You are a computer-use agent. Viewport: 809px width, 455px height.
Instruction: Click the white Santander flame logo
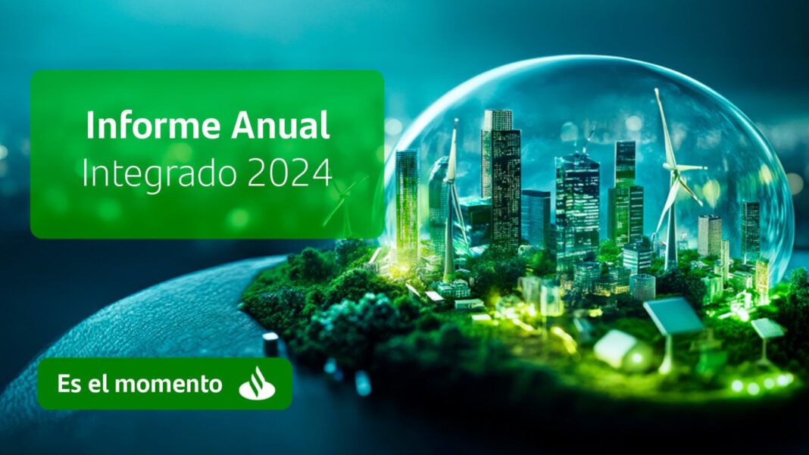pyautogui.click(x=257, y=384)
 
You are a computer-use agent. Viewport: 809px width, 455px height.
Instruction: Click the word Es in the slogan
pyautogui.click(x=67, y=384)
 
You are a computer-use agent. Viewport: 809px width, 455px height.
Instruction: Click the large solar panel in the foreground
pyautogui.click(x=673, y=315)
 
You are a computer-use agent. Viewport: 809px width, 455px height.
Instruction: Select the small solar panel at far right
pyautogui.click(x=767, y=328)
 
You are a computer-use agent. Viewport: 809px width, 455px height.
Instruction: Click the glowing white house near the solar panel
pyautogui.click(x=618, y=348)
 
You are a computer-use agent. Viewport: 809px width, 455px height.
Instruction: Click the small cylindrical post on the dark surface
pyautogui.click(x=271, y=344)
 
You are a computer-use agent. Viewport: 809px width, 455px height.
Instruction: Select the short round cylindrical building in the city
pyautogui.click(x=643, y=286)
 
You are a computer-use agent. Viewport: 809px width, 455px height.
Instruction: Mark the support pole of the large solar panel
pyautogui.click(x=667, y=353)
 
